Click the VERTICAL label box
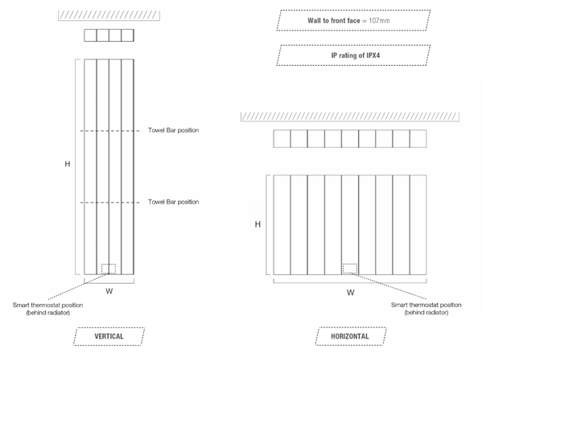click(x=109, y=336)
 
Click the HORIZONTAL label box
click(x=351, y=336)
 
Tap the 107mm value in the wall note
click(x=379, y=21)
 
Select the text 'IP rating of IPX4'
click(x=356, y=55)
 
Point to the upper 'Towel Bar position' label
click(x=174, y=130)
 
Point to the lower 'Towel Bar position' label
click(x=174, y=202)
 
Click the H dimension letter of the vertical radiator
click(x=68, y=164)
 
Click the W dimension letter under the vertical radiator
click(x=109, y=291)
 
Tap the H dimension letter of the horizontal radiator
click(x=257, y=224)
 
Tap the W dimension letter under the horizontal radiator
click(x=350, y=293)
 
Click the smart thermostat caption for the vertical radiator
click(x=47, y=309)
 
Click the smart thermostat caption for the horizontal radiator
click(x=426, y=309)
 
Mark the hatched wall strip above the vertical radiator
click(x=109, y=15)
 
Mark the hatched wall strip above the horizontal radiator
click(x=350, y=117)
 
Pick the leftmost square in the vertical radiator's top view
click(x=90, y=35)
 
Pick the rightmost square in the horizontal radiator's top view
click(x=418, y=139)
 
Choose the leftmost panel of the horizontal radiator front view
click(x=282, y=225)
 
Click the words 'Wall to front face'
click(x=334, y=21)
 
